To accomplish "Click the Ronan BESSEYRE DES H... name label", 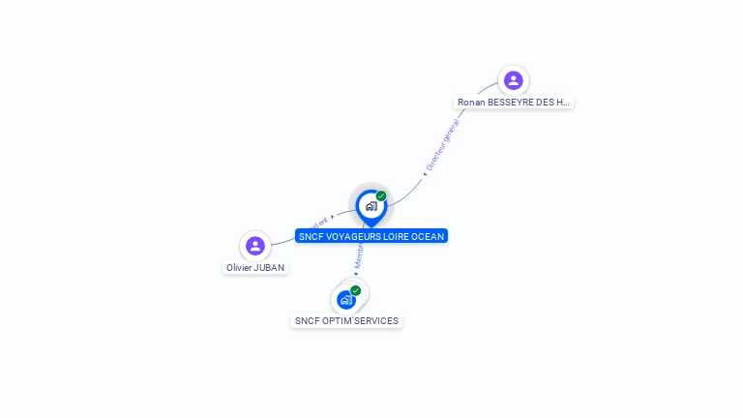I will point(514,102).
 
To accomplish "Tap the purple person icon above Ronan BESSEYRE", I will point(514,80).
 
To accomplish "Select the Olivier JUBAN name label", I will point(255,267).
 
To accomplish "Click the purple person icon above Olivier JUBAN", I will point(255,246).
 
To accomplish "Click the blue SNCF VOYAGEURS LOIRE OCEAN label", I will point(371,236).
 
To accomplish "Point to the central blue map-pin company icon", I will point(371,206).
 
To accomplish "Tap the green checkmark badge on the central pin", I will point(381,195).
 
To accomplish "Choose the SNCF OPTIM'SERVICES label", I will point(346,320).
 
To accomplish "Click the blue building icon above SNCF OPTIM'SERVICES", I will point(345,300).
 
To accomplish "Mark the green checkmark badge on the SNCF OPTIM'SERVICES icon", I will point(355,290).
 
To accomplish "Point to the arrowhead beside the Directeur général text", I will point(426,172).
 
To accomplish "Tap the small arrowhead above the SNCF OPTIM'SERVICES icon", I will point(355,274).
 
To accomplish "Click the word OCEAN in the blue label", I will point(427,236).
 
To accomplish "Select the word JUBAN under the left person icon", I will point(270,267).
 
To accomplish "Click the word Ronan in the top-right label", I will point(470,102).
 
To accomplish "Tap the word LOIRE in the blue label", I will point(396,236).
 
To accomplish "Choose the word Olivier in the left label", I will point(239,267).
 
